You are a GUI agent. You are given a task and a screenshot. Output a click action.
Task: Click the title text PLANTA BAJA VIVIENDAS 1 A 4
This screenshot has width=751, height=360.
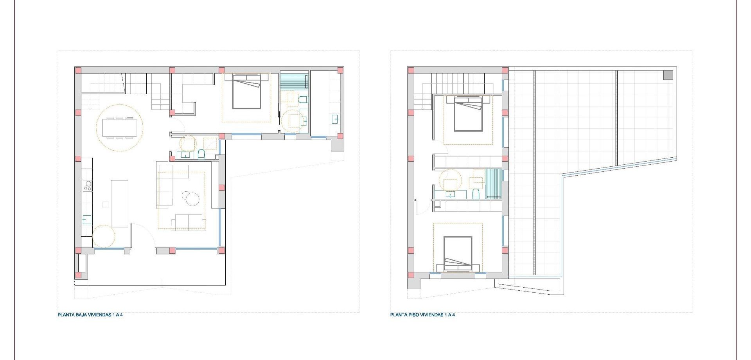click(x=90, y=315)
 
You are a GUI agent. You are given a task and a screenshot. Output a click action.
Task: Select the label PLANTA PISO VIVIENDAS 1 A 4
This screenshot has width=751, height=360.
click(x=422, y=315)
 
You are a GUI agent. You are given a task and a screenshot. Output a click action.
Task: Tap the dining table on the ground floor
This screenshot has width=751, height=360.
click(x=119, y=128)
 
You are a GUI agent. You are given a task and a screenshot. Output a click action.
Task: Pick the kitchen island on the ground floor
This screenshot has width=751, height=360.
click(x=120, y=203)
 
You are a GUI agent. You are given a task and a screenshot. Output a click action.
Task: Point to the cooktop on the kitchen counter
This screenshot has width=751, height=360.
click(x=87, y=186)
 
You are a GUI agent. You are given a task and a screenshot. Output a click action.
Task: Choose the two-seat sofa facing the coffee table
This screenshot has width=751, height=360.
click(x=189, y=222)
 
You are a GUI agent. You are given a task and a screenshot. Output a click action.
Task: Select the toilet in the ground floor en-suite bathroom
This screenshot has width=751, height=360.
click(x=303, y=100)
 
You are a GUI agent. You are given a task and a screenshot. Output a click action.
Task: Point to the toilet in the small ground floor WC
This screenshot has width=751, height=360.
click(x=201, y=154)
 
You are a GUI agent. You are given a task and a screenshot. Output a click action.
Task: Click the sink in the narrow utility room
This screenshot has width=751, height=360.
click(x=335, y=119)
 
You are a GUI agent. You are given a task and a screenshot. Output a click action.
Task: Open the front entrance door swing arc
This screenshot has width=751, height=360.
click(x=143, y=235)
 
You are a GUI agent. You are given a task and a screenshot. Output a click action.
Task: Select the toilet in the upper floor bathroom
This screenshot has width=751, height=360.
click(x=476, y=194)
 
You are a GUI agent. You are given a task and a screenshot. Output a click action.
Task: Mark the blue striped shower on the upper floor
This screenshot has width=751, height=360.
click(x=493, y=184)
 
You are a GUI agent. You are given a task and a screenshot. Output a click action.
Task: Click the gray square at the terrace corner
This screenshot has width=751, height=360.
click(x=668, y=75)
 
